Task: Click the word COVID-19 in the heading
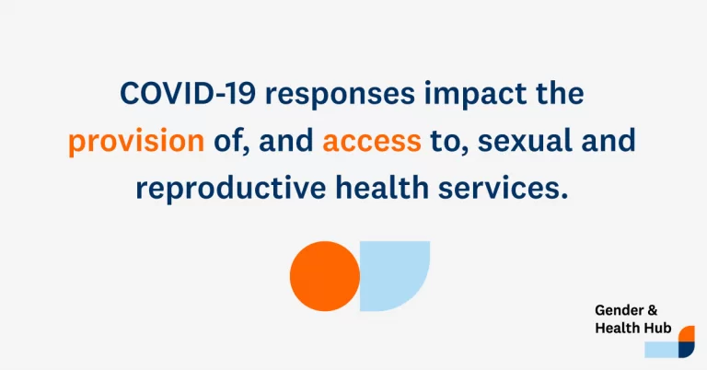(x=188, y=93)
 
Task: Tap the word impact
(x=475, y=96)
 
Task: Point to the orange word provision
(x=136, y=141)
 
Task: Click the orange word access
(x=372, y=142)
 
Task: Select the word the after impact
(x=560, y=93)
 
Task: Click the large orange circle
(x=325, y=276)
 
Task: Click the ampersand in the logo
(x=652, y=310)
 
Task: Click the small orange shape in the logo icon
(x=687, y=333)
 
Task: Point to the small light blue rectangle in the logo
(x=662, y=350)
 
